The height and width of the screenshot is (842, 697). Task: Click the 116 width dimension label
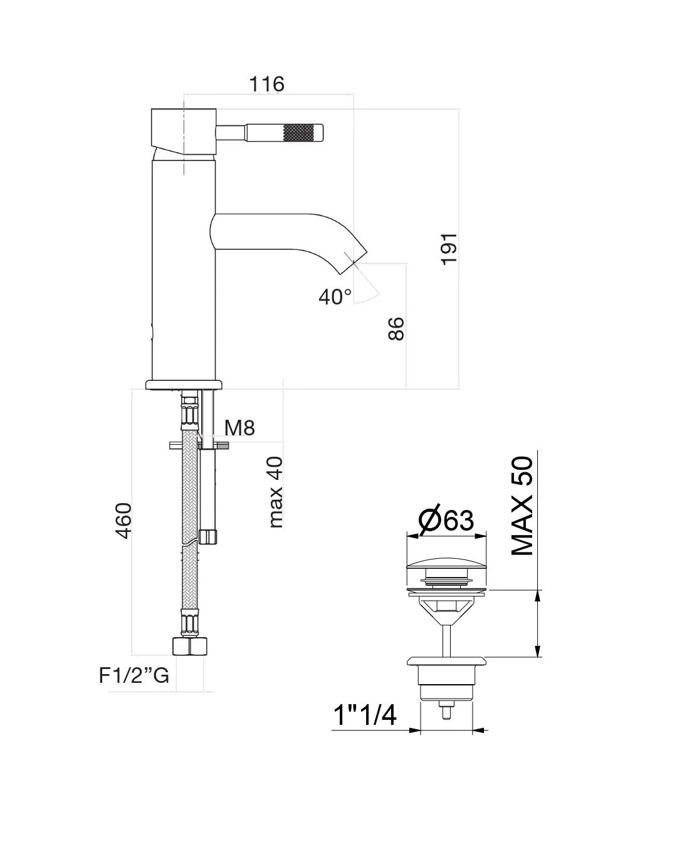267,84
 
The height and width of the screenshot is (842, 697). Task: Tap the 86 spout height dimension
396,328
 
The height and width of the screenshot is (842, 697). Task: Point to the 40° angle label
335,296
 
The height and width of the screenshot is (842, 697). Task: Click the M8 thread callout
239,428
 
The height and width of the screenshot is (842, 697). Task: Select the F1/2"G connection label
134,675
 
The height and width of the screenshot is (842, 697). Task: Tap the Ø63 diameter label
446,520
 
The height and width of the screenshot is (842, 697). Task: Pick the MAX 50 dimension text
522,506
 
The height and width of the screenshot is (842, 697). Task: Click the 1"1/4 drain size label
364,715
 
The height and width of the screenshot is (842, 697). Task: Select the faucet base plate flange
184,384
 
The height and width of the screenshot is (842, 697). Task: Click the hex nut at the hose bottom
188,647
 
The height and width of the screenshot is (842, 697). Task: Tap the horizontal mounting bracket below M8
199,445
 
